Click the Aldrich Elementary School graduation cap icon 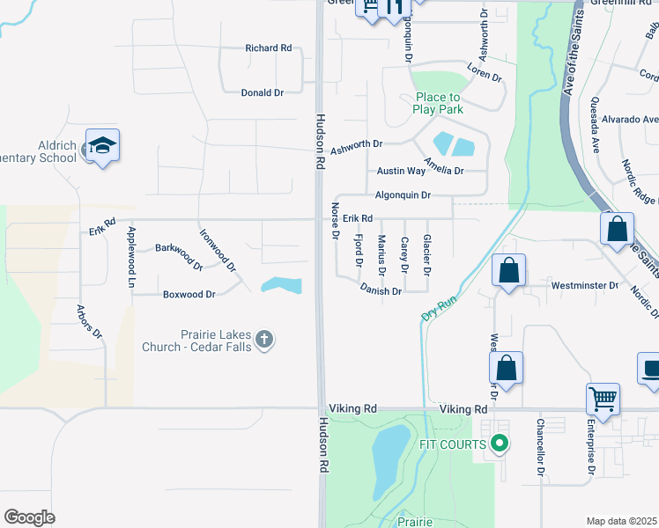click(x=102, y=146)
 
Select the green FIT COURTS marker click(x=500, y=444)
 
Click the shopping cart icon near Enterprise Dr click(x=603, y=400)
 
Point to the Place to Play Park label click(x=438, y=103)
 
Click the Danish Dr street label click(x=381, y=290)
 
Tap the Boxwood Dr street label click(x=189, y=295)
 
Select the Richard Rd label click(x=269, y=48)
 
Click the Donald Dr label click(x=262, y=92)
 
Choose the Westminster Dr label click(x=585, y=285)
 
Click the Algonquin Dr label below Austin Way click(x=403, y=194)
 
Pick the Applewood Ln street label click(x=131, y=256)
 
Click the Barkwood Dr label click(x=179, y=255)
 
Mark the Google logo click(x=30, y=517)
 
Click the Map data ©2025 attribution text click(x=621, y=521)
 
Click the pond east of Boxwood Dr click(x=282, y=285)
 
